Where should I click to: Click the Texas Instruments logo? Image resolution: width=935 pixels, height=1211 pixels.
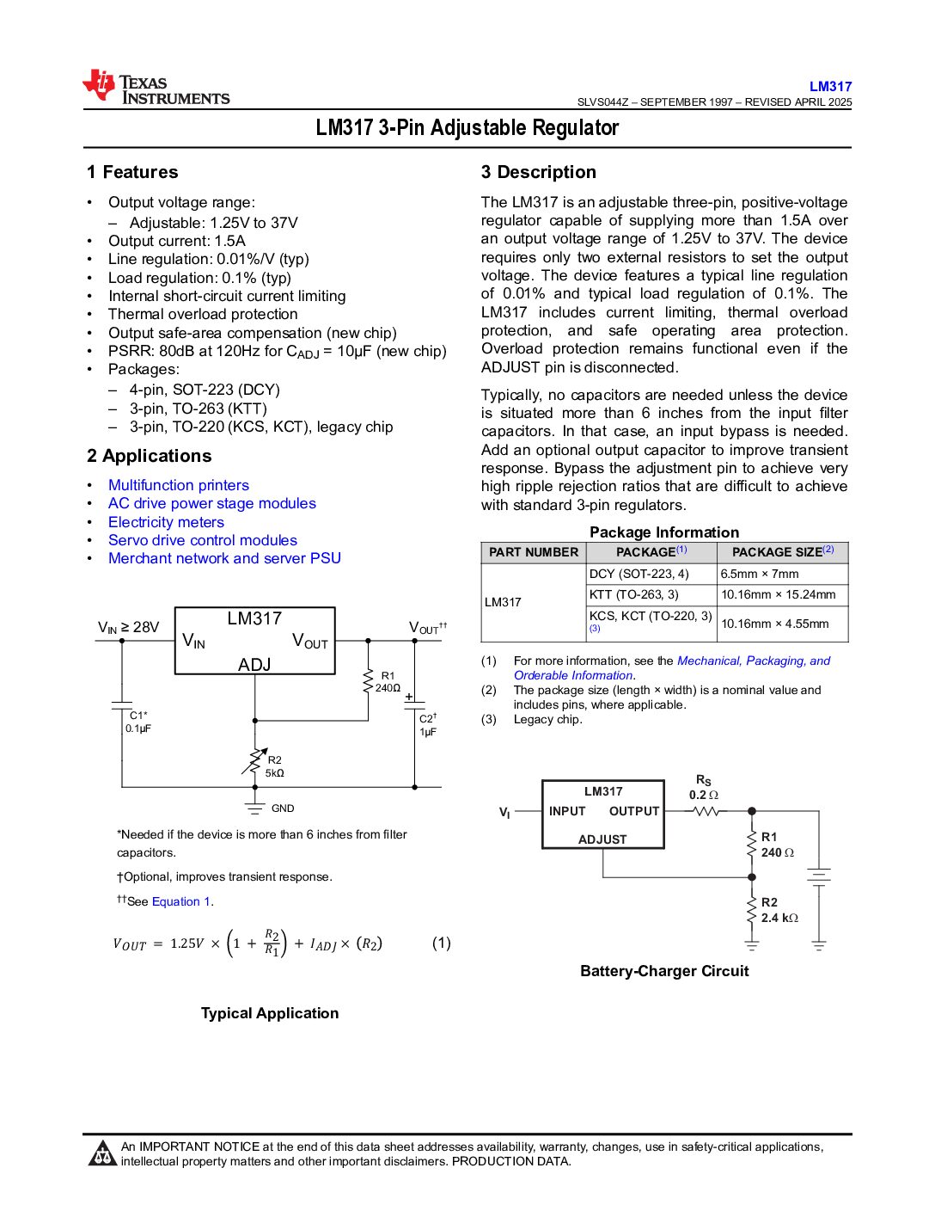(x=156, y=88)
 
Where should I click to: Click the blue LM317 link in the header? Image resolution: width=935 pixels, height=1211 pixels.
(x=830, y=86)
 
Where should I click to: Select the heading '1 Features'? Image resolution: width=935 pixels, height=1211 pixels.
(x=132, y=172)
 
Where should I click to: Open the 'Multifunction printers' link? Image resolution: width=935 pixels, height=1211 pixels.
(x=179, y=485)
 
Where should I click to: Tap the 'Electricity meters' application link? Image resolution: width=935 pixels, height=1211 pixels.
(x=166, y=522)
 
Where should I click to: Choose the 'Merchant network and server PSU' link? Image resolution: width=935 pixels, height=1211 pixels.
(x=224, y=558)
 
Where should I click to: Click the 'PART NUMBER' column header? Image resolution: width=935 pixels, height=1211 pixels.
(x=534, y=552)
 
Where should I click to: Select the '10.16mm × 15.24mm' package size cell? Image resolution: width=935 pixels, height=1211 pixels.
(x=778, y=594)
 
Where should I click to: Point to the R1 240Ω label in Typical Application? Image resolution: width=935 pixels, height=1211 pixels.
(x=388, y=682)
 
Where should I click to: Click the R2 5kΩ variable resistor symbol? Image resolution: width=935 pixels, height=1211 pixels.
(x=254, y=761)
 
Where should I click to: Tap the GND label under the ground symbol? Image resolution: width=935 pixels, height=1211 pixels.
(x=283, y=808)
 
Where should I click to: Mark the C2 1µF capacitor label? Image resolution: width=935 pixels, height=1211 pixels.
(x=428, y=725)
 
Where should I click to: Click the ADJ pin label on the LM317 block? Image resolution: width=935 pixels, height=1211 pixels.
(x=254, y=665)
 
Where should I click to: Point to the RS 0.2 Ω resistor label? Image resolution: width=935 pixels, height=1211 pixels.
(x=703, y=788)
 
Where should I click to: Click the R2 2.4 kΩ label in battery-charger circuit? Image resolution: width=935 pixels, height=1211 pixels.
(x=779, y=910)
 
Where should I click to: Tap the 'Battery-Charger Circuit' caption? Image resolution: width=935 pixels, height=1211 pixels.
(x=664, y=971)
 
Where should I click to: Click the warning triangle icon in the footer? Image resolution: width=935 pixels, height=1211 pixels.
(x=102, y=1153)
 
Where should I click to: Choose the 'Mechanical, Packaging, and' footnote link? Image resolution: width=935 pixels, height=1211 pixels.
(x=754, y=661)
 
